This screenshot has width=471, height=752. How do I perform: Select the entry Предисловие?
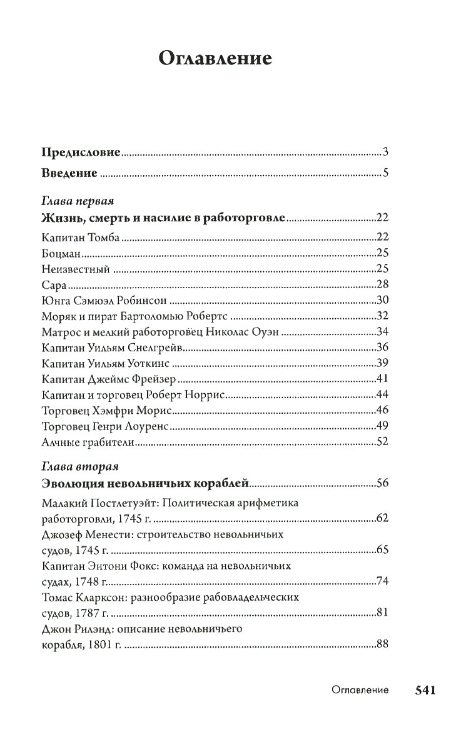pyautogui.click(x=81, y=152)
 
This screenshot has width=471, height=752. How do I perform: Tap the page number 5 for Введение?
pyautogui.click(x=387, y=174)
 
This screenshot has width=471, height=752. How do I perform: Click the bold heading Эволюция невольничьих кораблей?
pyautogui.click(x=145, y=484)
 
